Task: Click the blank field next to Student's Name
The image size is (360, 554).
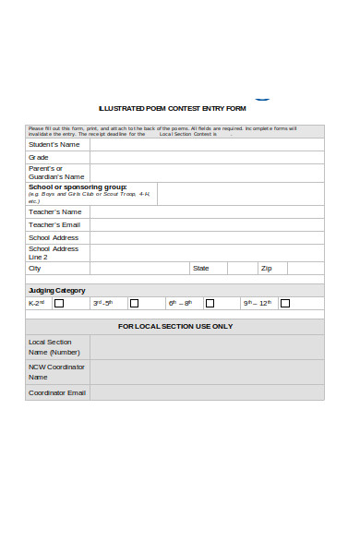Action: tap(206, 145)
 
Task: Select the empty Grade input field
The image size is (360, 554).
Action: tap(206, 158)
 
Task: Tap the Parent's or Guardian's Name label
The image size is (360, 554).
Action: tap(56, 173)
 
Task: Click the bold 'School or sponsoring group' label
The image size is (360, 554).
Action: tap(78, 187)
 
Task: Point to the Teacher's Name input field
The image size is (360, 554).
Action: tap(206, 212)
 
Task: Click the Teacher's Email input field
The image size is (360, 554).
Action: tap(206, 225)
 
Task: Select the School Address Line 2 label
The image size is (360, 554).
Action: tap(54, 253)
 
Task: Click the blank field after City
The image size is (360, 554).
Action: tap(138, 269)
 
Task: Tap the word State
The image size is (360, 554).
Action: tap(200, 269)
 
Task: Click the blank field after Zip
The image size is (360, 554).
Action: tap(306, 269)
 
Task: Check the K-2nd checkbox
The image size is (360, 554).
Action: tap(59, 303)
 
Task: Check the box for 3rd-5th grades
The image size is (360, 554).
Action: tap(134, 303)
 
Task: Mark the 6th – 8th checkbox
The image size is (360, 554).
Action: tap(210, 303)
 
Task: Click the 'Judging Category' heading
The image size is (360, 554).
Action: tap(56, 290)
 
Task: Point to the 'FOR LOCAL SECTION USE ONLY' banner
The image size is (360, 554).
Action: tap(175, 326)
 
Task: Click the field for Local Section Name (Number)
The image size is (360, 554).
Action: tap(206, 347)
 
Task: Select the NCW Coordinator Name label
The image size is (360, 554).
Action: tap(56, 372)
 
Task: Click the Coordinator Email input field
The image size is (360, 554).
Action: tap(206, 392)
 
